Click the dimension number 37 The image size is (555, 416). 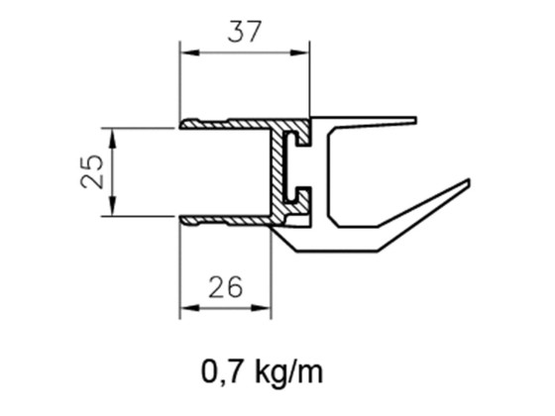[243, 32]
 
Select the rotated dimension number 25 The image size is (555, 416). [90, 170]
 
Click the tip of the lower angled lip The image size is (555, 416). [466, 182]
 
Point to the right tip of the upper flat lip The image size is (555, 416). [416, 119]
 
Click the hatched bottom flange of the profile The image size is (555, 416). [228, 217]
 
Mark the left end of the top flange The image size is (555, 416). [182, 125]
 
